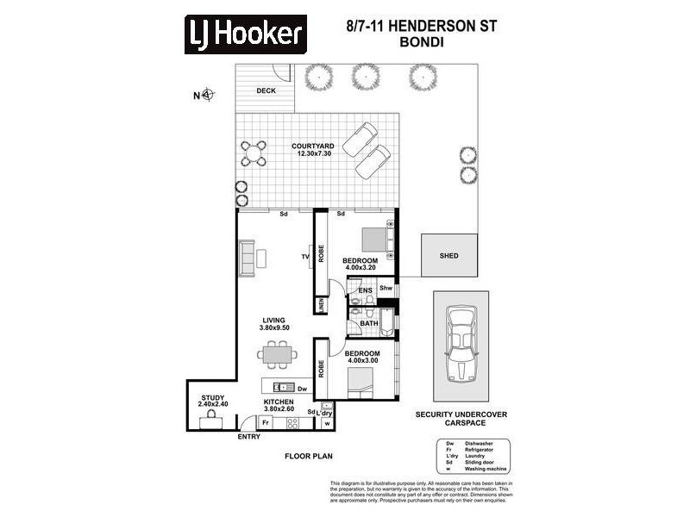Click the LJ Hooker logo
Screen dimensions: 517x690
246,34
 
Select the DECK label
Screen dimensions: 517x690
266,90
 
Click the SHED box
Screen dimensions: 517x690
448,255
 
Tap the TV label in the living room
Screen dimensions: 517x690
304,257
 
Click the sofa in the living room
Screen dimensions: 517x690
247,256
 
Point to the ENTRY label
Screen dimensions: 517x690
248,437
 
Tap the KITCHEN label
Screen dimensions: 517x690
279,402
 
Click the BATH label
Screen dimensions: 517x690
368,324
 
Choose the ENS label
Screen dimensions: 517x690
365,291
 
